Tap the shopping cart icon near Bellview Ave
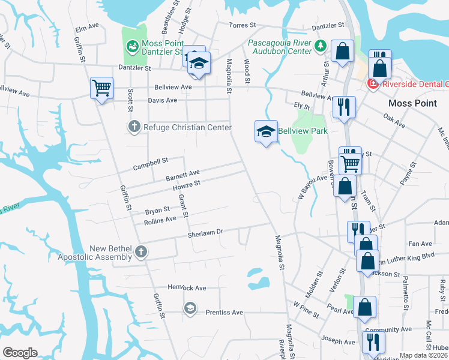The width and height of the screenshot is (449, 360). (101, 88)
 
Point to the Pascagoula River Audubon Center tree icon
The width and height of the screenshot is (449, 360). (321, 46)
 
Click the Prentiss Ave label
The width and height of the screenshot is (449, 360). (224, 312)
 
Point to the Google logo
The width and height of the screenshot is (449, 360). (20, 353)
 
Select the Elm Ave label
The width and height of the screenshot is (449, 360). (86, 27)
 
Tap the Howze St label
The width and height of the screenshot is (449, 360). (185, 186)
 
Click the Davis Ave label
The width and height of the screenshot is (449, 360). (163, 100)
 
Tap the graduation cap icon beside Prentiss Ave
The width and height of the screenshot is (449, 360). (190, 308)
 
